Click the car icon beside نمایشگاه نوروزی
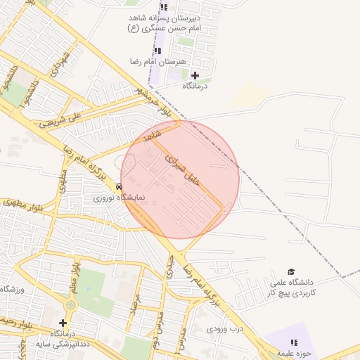click(x=120, y=187)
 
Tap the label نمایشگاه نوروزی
click(x=119, y=198)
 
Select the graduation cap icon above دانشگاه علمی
click(x=290, y=272)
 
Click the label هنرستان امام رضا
click(x=160, y=62)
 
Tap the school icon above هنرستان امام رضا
click(x=157, y=51)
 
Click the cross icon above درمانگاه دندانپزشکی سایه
click(x=63, y=323)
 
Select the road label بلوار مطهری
click(x=21, y=205)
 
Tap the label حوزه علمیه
click(x=289, y=353)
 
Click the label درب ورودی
click(x=225, y=328)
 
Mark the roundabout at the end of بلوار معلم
click(x=71, y=304)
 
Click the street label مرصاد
click(x=134, y=300)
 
